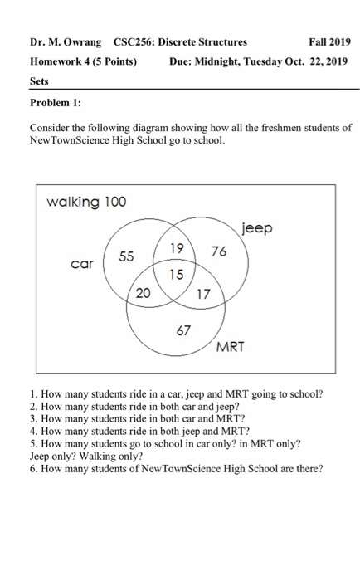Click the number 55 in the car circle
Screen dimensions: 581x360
click(x=126, y=256)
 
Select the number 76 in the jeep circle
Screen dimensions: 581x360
click(x=219, y=252)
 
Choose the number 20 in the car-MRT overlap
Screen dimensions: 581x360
click(x=144, y=292)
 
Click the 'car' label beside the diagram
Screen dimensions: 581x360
click(x=81, y=266)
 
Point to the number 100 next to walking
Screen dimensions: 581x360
click(x=115, y=202)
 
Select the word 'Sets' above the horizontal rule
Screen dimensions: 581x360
click(x=39, y=81)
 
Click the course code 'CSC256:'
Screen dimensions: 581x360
click(x=134, y=41)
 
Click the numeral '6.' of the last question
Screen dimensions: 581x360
click(x=33, y=468)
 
